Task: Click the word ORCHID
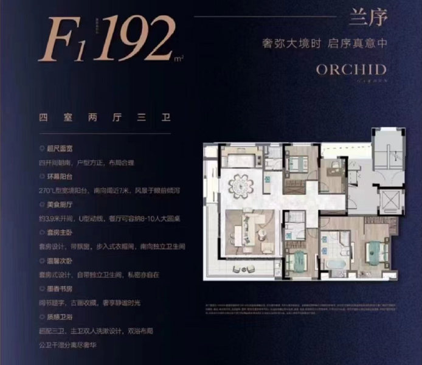click(351, 69)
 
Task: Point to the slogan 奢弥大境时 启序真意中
click(324, 44)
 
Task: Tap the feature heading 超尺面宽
click(57, 148)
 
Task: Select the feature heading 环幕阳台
click(57, 177)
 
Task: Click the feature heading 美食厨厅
click(57, 206)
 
